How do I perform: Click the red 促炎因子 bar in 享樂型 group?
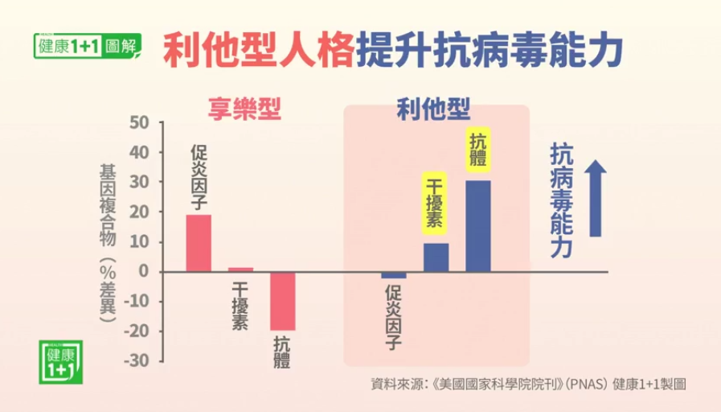199,243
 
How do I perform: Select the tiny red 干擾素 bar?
240,269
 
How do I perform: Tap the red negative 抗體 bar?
282,301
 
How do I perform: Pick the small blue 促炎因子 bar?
394,275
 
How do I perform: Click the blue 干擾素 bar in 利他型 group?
436,257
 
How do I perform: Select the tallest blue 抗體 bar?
477,226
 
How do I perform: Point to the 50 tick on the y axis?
139,123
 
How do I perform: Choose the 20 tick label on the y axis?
139,212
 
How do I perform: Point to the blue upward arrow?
595,198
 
